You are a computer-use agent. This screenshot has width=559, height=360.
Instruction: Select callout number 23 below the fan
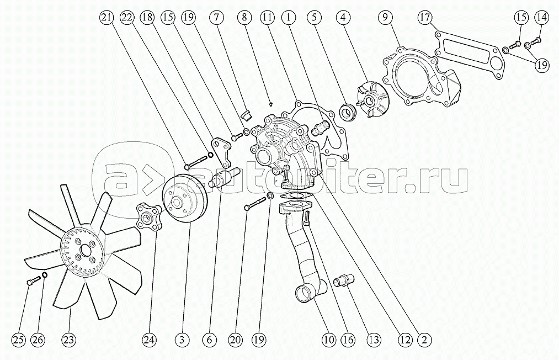[69, 340]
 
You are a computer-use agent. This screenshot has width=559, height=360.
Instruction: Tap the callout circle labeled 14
[541, 18]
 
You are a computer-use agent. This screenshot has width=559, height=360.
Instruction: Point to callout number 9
[386, 18]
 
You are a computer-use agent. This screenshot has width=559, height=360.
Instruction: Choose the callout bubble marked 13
[374, 340]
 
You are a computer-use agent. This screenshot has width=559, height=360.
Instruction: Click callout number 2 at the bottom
[424, 340]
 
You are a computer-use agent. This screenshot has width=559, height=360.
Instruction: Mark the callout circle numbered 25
[19, 340]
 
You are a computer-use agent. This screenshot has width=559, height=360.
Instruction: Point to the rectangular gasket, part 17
[469, 54]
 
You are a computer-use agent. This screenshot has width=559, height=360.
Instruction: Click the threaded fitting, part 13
[343, 280]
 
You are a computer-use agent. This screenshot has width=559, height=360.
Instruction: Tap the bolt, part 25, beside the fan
[33, 280]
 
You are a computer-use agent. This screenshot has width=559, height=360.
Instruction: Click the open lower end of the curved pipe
[304, 295]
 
